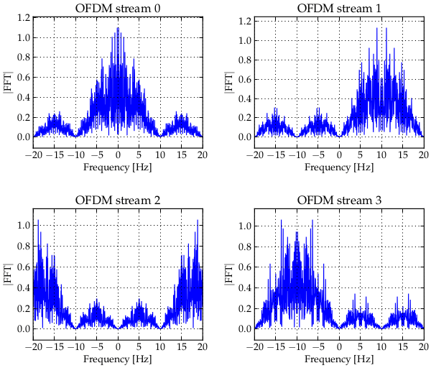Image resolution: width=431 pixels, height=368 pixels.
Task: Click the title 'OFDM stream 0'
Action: pyautogui.click(x=118, y=8)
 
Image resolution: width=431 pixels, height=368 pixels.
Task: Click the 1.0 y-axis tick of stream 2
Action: pyautogui.click(x=22, y=226)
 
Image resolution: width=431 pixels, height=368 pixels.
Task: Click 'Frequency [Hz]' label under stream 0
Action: pyautogui.click(x=118, y=167)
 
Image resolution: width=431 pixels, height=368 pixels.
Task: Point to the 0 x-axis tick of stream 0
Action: pyautogui.click(x=118, y=155)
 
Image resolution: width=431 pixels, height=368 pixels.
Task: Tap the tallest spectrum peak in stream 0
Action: pyautogui.click(x=118, y=29)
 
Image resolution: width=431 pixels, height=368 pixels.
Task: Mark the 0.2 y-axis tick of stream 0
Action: pyautogui.click(x=22, y=116)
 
